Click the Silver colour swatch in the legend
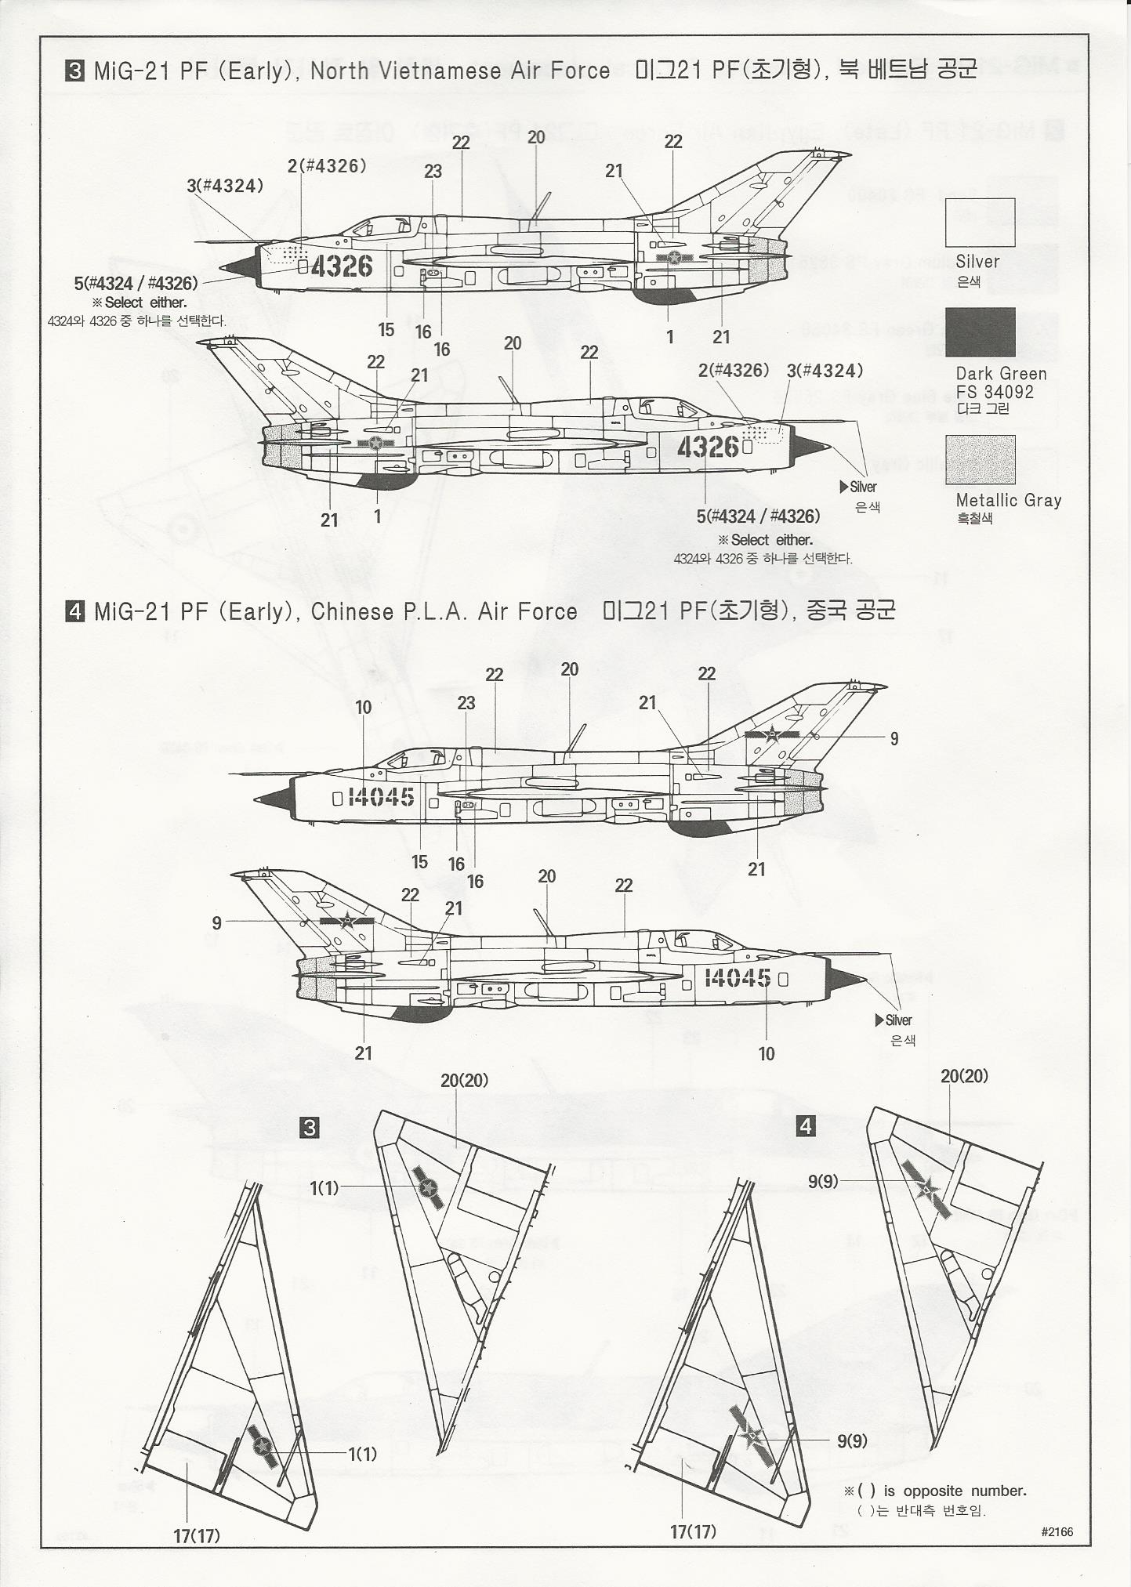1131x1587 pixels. (x=980, y=223)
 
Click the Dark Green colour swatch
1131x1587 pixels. (x=980, y=332)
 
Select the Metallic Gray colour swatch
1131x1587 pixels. (x=980, y=460)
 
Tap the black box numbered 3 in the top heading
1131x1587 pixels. (x=74, y=71)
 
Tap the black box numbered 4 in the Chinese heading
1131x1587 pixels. (x=74, y=611)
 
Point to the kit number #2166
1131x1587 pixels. (x=1057, y=1531)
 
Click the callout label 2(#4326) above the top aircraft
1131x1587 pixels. (x=327, y=166)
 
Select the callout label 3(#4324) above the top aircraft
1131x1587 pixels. (x=225, y=186)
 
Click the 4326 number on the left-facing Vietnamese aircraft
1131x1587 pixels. (x=342, y=266)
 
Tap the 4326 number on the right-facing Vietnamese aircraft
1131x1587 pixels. (x=708, y=447)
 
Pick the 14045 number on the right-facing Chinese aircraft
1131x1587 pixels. (x=738, y=977)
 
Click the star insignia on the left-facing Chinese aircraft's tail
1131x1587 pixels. (x=772, y=734)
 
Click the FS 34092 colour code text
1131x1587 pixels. (x=994, y=392)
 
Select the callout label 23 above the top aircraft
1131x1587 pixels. (x=433, y=172)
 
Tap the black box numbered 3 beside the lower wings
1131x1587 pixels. (x=310, y=1128)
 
